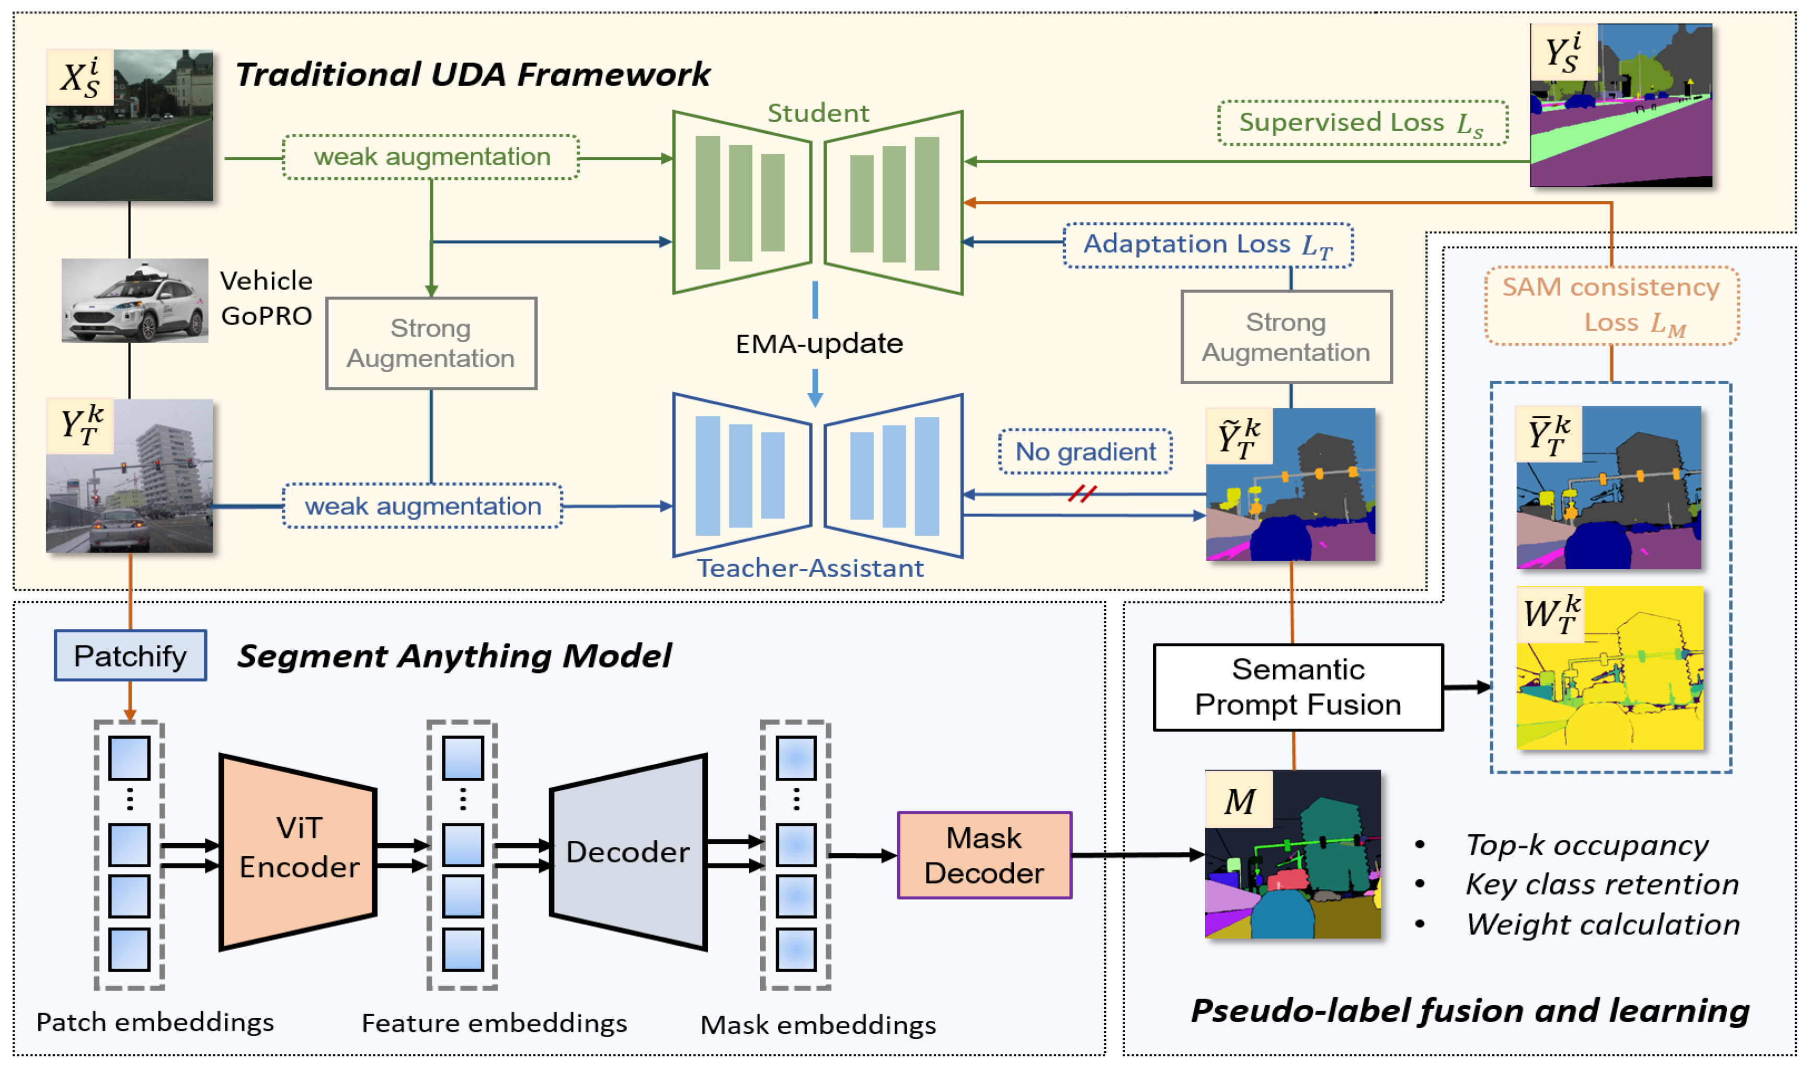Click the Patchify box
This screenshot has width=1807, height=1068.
pyautogui.click(x=130, y=656)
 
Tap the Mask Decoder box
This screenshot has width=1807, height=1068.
pyautogui.click(x=983, y=855)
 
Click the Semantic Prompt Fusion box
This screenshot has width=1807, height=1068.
pyautogui.click(x=1298, y=687)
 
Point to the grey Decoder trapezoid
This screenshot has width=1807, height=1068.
pyautogui.click(x=627, y=852)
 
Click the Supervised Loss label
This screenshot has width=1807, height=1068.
pyautogui.click(x=1362, y=123)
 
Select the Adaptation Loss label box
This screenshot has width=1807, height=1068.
pyautogui.click(x=1208, y=245)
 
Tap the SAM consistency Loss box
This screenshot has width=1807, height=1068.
pyautogui.click(x=1611, y=305)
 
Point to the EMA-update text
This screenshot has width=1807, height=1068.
pyautogui.click(x=818, y=343)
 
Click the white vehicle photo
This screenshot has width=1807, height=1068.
pyautogui.click(x=134, y=300)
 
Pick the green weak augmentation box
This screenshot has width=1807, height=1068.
pyautogui.click(x=431, y=157)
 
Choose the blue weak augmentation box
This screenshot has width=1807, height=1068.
pyautogui.click(x=422, y=506)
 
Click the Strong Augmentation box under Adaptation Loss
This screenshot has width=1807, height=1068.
pyautogui.click(x=1286, y=337)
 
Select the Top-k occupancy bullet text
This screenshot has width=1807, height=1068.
pyautogui.click(x=1586, y=845)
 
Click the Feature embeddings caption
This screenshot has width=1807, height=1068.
pyautogui.click(x=494, y=1023)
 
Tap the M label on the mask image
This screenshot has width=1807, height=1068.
pyautogui.click(x=1239, y=800)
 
